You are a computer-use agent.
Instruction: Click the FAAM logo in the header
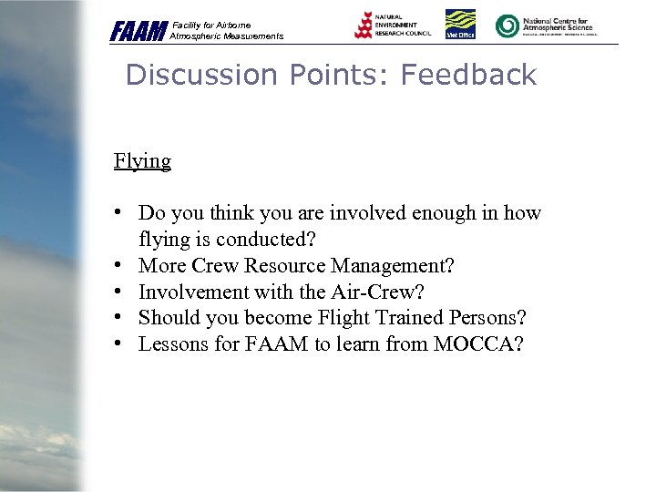click(138, 31)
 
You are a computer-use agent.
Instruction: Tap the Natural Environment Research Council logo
click(393, 25)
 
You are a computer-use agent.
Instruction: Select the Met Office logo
click(459, 25)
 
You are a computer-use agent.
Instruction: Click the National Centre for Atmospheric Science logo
click(545, 26)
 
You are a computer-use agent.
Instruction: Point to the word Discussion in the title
click(197, 75)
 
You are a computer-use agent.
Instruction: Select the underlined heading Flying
click(142, 161)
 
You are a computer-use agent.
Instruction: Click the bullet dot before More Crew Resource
click(119, 266)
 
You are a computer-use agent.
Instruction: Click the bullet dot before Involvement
click(119, 292)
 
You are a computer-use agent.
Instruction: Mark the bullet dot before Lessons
click(119, 344)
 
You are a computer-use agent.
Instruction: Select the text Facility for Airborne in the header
click(211, 25)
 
